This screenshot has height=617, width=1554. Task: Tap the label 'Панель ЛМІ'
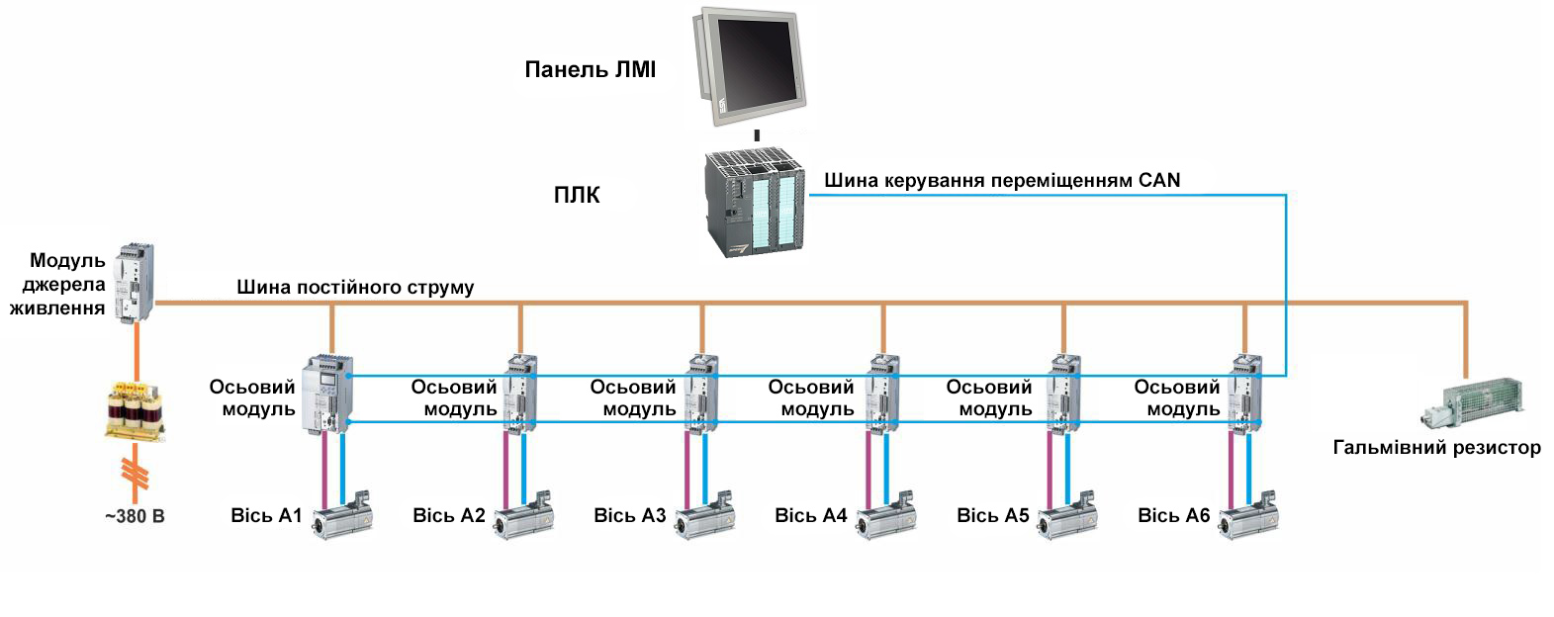[590, 70]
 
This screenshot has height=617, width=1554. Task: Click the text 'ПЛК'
[576, 196]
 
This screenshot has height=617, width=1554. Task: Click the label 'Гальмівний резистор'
[1436, 448]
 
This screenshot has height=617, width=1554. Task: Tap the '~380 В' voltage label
[135, 516]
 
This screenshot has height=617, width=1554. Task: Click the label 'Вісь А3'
[630, 515]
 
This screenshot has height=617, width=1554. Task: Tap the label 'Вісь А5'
[993, 515]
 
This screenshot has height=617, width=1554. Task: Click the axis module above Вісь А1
[327, 395]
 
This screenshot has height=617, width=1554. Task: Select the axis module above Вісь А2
[519, 395]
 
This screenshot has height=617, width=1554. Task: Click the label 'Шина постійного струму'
[355, 288]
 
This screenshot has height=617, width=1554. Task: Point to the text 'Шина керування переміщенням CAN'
[1001, 181]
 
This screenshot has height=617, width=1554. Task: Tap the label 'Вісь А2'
[449, 515]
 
